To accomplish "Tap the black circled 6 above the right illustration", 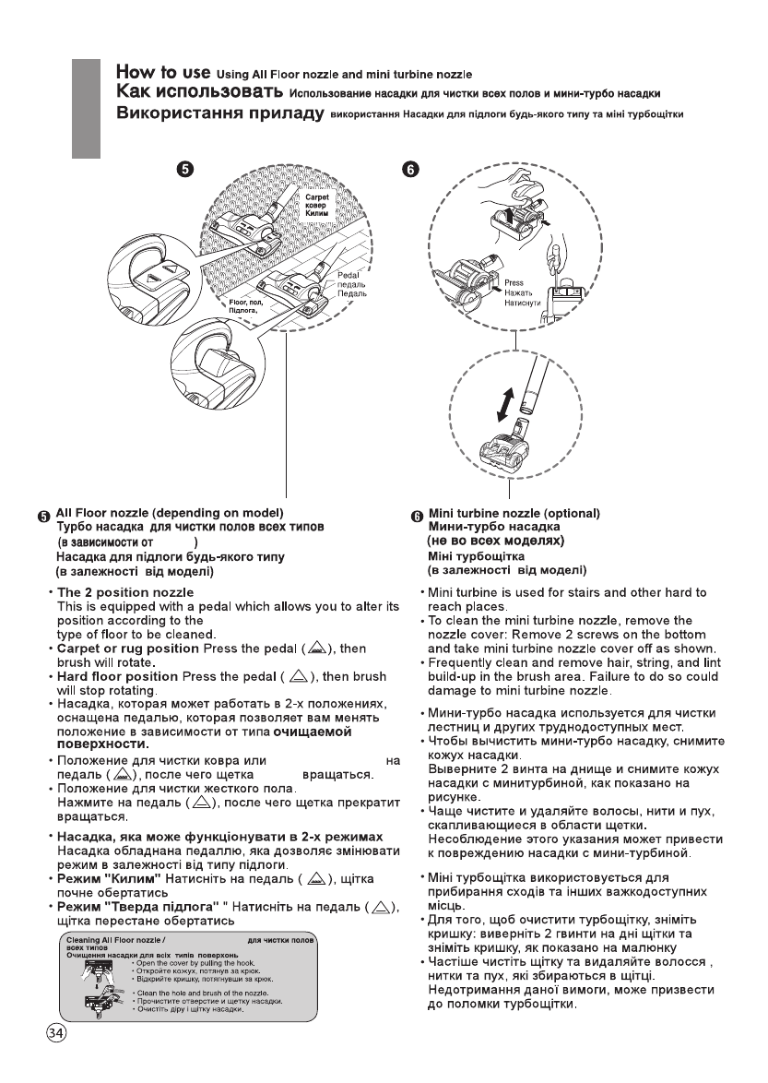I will [411, 169].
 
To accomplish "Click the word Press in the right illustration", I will [514, 284].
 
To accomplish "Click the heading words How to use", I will [163, 72].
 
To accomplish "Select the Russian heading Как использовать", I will [198, 93].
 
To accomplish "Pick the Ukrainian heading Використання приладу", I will [219, 115].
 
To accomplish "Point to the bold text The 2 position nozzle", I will [125, 591].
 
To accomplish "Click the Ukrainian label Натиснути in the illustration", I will [523, 303].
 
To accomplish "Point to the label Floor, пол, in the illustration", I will [247, 303].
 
